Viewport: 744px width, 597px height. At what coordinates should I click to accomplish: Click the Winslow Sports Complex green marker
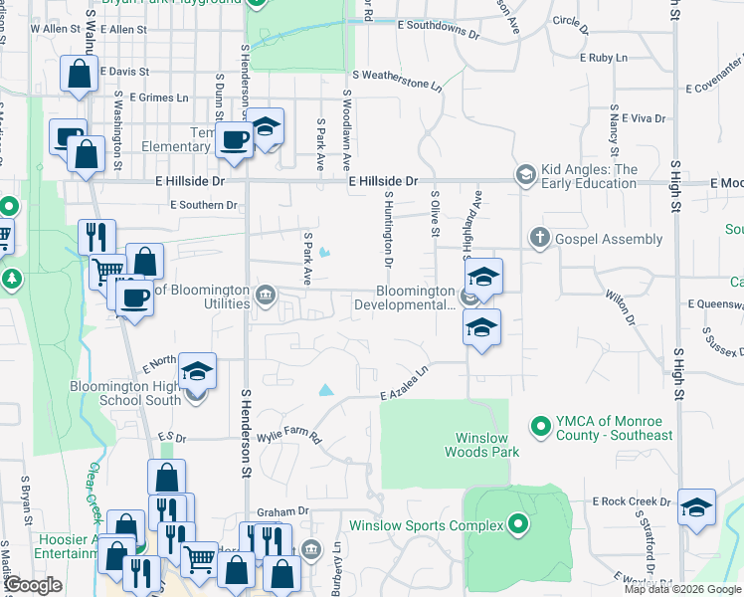(517, 524)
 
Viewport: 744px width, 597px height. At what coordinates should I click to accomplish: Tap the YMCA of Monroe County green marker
(541, 427)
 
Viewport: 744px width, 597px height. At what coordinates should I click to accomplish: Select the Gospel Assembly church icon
(539, 239)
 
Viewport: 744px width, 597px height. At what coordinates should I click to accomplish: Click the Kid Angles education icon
(524, 176)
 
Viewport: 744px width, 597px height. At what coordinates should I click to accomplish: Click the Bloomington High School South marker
(197, 395)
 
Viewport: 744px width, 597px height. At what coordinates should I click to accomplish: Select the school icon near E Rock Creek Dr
(696, 507)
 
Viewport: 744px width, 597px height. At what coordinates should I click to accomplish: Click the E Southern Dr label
(204, 206)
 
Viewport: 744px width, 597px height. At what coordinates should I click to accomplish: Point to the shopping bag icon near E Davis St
(79, 75)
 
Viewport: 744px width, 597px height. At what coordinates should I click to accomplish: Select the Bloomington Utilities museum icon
(266, 295)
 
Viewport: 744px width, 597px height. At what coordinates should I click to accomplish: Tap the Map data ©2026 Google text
(682, 589)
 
